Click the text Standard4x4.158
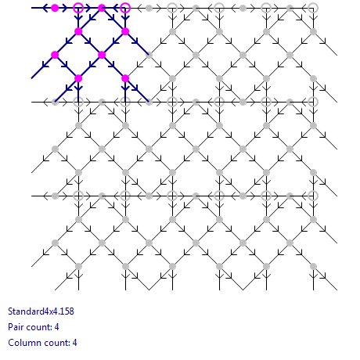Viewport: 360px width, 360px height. (x=41, y=311)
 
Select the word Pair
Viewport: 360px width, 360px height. (x=16, y=327)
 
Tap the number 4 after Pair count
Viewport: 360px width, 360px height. (x=56, y=327)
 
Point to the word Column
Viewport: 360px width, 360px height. (x=23, y=343)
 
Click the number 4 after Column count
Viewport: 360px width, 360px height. (x=74, y=343)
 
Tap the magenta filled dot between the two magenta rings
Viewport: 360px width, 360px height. (x=102, y=8)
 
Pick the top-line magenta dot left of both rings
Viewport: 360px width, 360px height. (x=55, y=8)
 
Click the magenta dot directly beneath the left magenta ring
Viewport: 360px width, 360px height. (x=78, y=31)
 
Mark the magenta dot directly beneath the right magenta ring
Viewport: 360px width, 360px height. (x=125, y=31)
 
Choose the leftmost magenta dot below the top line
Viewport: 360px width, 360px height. (x=55, y=55)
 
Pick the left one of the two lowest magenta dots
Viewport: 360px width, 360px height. (x=78, y=78)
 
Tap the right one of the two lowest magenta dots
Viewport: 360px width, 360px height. (x=125, y=78)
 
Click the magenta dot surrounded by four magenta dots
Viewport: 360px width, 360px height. (x=102, y=55)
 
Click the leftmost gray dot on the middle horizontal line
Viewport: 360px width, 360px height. (x=55, y=102)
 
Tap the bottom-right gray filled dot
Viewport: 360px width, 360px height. (x=313, y=266)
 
